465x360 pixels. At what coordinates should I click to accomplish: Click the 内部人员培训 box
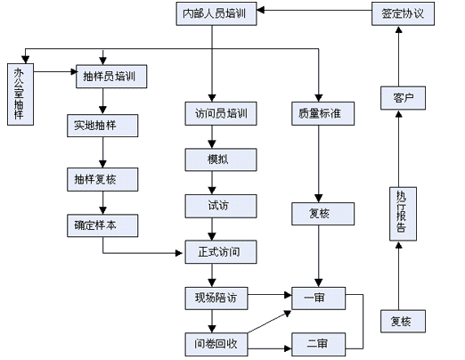pos(216,13)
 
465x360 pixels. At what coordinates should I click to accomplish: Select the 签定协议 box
pos(403,13)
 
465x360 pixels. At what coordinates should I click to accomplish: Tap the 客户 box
pos(403,98)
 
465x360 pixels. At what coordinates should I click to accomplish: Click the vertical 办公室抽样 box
pos(20,94)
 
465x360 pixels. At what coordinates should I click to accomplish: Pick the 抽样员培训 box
pos(111,77)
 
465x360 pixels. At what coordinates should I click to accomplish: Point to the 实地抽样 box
pos(102,126)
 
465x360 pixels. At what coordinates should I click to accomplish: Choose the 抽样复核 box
pos(102,179)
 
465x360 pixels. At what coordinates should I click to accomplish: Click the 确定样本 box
pos(102,225)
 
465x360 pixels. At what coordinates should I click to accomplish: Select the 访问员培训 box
pos(221,113)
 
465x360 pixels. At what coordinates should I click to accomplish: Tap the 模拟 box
pos(221,160)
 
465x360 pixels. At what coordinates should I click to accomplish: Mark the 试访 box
pos(221,206)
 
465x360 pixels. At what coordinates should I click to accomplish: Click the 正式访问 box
pos(221,252)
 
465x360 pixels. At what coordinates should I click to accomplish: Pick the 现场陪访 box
pos(216,299)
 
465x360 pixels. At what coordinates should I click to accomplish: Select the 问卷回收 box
pos(216,344)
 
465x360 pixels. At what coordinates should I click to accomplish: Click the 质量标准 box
pos(322,113)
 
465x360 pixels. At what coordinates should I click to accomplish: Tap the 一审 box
pos(318,299)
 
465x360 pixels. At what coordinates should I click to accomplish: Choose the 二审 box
pos(318,344)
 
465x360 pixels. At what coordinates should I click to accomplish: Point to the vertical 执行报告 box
pos(403,214)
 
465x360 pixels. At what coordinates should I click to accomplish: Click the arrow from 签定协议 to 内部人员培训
pos(314,11)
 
